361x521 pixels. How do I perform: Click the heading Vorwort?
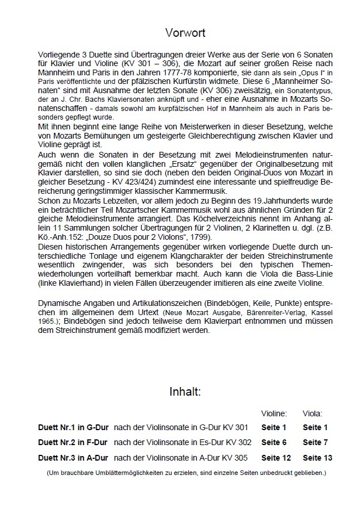coord(185,33)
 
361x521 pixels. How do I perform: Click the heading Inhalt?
coord(184,393)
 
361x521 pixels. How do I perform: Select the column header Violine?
coord(274,413)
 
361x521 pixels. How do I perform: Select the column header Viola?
coord(313,413)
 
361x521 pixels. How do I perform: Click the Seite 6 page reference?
coord(274,442)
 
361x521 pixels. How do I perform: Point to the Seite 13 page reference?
coord(318,458)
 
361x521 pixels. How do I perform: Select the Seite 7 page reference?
coord(316,442)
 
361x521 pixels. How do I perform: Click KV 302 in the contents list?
coord(239,442)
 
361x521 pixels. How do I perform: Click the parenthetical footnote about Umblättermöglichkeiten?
coord(185,473)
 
